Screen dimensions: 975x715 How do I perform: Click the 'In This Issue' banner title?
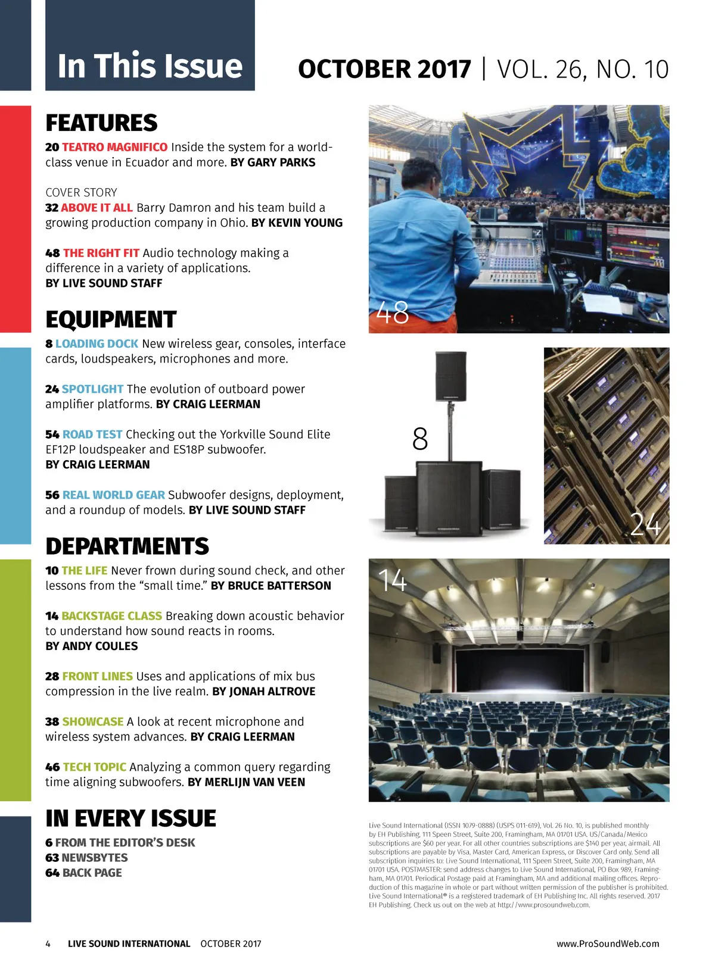(150, 65)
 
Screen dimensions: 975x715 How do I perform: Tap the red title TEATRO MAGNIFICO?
(114, 147)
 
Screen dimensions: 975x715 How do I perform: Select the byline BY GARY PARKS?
(273, 162)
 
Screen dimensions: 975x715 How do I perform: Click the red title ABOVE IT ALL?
(97, 208)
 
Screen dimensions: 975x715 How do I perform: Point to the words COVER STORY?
(81, 192)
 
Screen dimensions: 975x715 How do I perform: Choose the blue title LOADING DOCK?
(97, 344)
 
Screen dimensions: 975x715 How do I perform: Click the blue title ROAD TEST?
(92, 435)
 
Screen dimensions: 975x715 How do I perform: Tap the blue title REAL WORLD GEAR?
(113, 495)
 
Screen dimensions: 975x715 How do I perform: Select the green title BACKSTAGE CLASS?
(111, 616)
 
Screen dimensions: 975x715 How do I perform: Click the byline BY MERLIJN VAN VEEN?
(246, 782)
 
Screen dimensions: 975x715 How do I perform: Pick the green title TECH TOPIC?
(94, 767)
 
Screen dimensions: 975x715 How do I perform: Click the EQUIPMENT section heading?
(111, 320)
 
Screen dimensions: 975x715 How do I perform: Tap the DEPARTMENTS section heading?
(127, 546)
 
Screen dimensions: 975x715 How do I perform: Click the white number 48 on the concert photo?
(393, 312)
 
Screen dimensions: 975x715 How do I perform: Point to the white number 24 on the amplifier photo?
(645, 524)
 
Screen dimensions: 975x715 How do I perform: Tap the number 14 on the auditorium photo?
(393, 580)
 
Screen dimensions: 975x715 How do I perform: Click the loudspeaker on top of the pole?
(451, 376)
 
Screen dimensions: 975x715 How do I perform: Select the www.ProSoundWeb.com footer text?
(608, 943)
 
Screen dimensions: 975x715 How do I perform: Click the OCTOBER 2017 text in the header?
(384, 69)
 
